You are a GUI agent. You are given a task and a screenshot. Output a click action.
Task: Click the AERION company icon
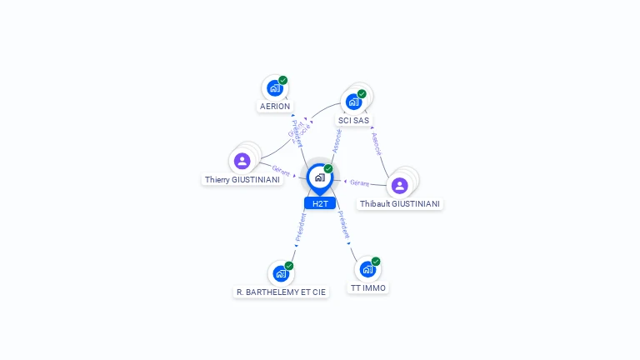click(x=274, y=87)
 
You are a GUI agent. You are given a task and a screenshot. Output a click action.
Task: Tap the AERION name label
click(x=275, y=107)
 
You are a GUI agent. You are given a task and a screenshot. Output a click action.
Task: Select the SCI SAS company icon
click(x=354, y=102)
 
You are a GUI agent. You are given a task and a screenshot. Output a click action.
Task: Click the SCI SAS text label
click(x=353, y=121)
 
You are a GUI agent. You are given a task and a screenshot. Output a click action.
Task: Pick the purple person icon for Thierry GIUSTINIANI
click(x=242, y=161)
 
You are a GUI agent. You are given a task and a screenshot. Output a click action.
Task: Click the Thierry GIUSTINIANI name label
click(x=242, y=180)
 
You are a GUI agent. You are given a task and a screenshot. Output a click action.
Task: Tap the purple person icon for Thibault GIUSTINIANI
click(x=400, y=185)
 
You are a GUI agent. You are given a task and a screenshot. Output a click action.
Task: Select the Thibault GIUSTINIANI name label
click(x=400, y=204)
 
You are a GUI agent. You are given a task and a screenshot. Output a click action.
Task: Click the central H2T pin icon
click(x=319, y=177)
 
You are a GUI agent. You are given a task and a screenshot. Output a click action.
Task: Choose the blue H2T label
click(x=320, y=203)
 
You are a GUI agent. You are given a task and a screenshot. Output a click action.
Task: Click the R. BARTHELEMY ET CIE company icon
click(x=281, y=273)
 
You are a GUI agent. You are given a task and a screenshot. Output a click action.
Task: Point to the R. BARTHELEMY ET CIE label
click(x=281, y=292)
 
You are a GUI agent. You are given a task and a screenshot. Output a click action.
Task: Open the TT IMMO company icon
click(x=367, y=269)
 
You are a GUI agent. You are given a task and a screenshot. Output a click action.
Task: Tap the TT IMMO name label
click(x=367, y=288)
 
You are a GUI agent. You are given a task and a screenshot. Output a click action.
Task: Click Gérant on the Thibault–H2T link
click(x=360, y=182)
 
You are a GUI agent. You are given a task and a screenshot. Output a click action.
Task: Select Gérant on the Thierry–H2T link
click(x=281, y=171)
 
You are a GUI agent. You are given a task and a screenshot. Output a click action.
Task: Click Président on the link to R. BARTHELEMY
click(x=301, y=227)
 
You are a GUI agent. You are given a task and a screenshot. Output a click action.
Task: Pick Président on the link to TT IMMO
click(x=343, y=226)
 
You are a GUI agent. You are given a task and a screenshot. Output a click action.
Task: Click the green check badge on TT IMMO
click(x=376, y=262)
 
